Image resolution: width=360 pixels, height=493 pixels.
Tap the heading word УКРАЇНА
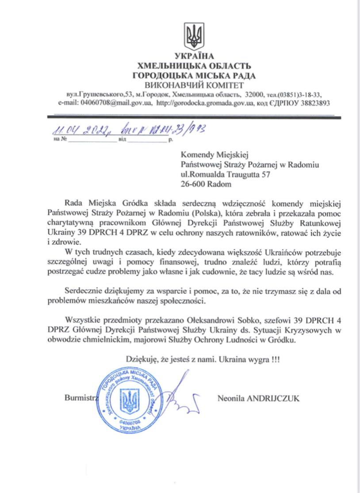click(194, 56)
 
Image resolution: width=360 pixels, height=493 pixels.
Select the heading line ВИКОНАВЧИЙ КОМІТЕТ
click(194, 85)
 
